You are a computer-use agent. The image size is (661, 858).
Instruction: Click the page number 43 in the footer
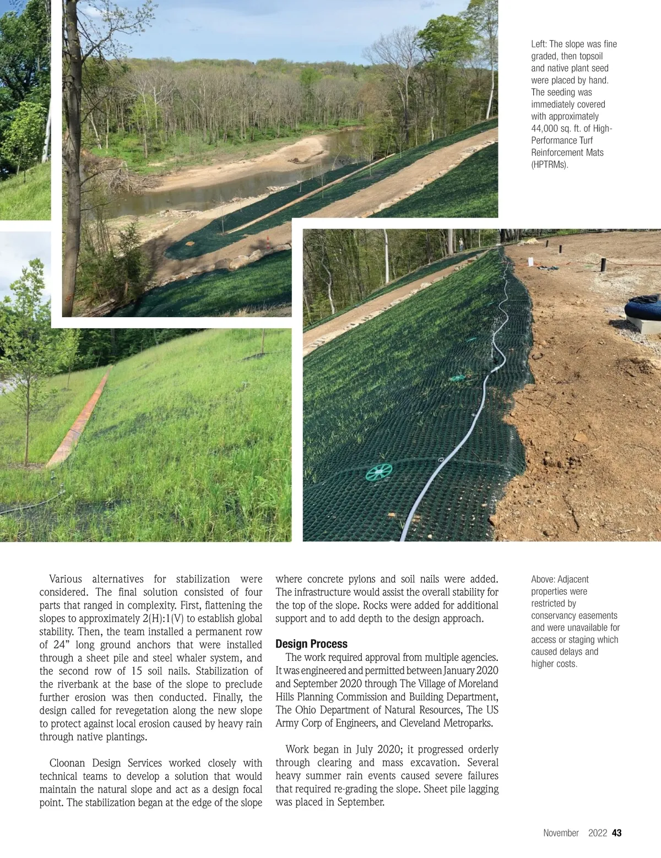(x=617, y=833)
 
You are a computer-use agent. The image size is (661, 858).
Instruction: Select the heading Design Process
(x=311, y=644)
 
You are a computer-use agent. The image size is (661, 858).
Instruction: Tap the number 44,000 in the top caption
(x=545, y=128)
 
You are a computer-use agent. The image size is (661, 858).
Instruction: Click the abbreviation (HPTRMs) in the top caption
(x=549, y=165)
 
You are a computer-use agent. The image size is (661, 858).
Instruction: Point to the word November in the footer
(x=561, y=833)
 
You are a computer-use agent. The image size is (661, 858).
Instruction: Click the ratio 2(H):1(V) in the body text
(x=163, y=618)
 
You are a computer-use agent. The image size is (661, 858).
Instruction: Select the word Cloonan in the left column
(x=67, y=763)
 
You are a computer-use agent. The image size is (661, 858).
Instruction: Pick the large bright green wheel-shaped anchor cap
(x=379, y=471)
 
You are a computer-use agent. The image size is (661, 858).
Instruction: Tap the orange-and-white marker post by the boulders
(x=268, y=243)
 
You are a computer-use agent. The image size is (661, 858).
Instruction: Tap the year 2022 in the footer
(x=597, y=833)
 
